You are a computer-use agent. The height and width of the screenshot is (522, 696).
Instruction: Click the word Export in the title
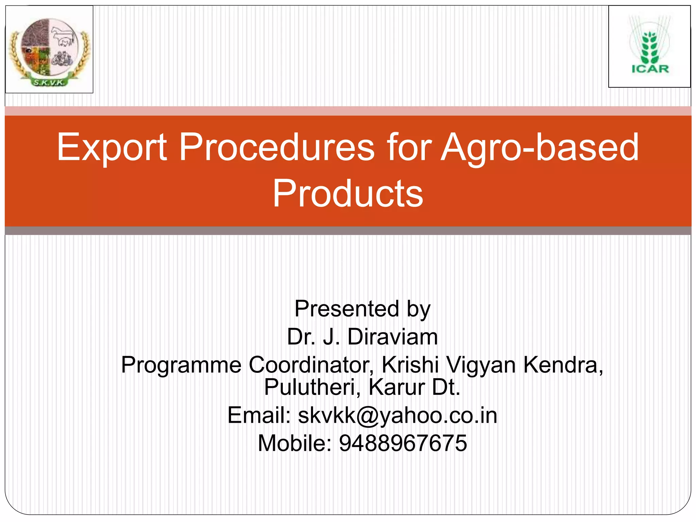[x=112, y=147]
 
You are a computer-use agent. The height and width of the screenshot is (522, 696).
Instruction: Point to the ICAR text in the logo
[x=650, y=69]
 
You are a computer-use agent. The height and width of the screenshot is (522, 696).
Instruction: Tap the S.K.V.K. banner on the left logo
[x=50, y=82]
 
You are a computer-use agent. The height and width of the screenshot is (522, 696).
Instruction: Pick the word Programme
[x=181, y=365]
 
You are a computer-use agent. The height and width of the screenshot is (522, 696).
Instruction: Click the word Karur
[x=397, y=387]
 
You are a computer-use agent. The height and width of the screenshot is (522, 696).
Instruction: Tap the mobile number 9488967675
[x=403, y=443]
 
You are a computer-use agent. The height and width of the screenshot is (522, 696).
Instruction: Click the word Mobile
[x=294, y=443]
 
